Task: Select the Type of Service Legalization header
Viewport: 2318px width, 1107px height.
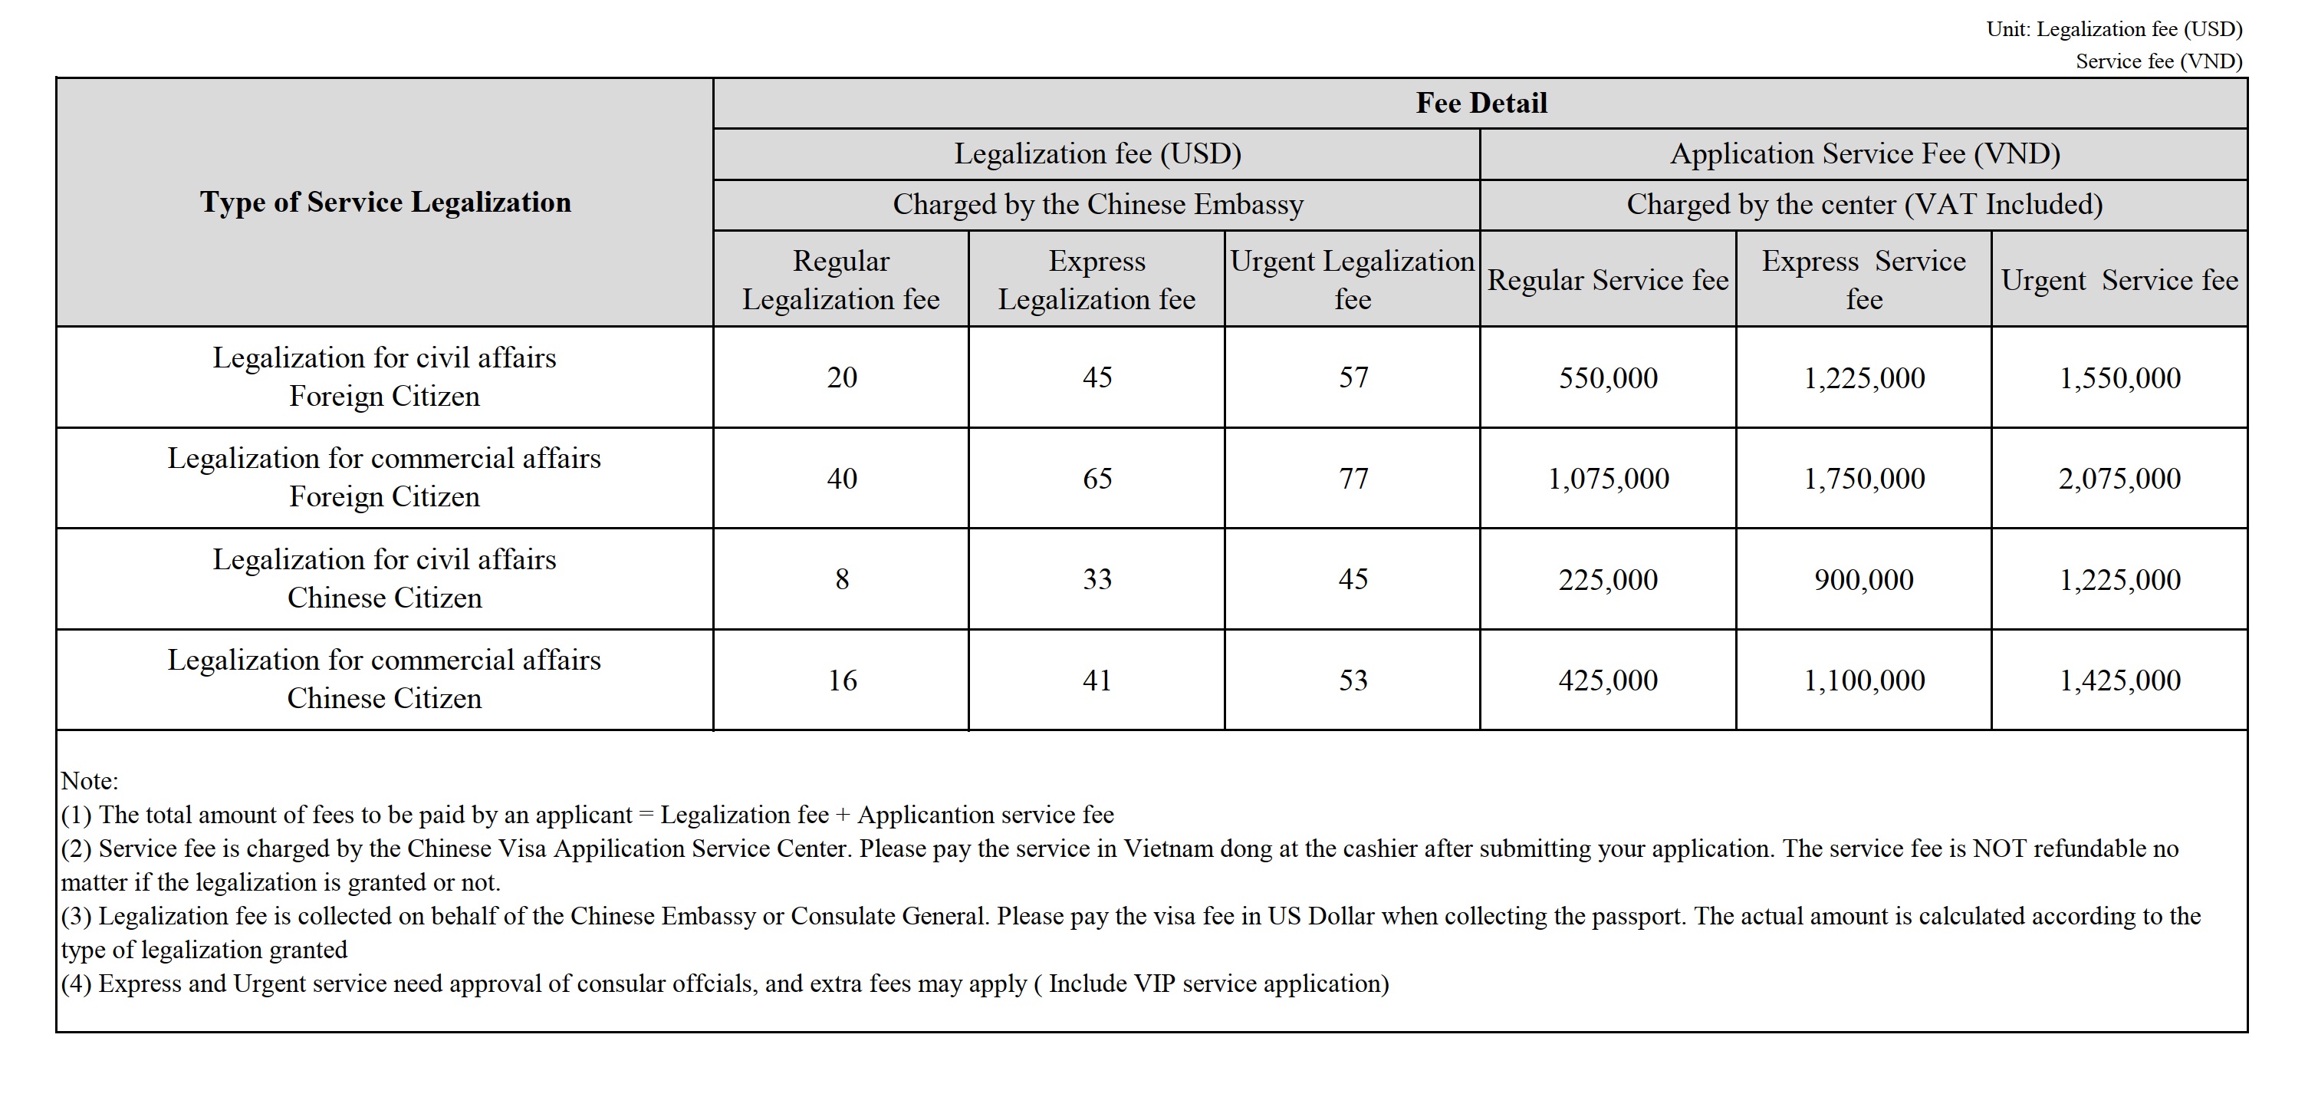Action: point(385,203)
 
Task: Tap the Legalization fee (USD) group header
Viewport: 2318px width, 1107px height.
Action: point(1097,154)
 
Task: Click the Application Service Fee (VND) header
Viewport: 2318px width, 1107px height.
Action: point(1865,154)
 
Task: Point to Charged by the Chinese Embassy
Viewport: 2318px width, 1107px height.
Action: point(1097,205)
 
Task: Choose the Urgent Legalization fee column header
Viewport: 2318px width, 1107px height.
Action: point(1352,279)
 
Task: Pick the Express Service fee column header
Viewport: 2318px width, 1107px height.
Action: point(1863,279)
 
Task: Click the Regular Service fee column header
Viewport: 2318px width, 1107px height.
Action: point(1607,280)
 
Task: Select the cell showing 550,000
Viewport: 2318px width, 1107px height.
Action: point(1608,378)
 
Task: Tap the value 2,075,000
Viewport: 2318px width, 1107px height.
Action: point(2119,479)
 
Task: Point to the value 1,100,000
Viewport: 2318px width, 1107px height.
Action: point(1863,680)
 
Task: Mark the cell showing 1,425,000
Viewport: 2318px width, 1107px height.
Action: point(2119,680)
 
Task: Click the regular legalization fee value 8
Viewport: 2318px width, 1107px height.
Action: point(841,578)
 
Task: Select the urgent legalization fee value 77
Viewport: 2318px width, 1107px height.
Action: point(1353,479)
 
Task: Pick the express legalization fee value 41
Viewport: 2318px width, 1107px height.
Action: point(1097,680)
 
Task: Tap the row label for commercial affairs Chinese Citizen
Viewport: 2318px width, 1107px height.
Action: point(384,680)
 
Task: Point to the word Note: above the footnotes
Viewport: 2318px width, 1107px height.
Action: point(89,781)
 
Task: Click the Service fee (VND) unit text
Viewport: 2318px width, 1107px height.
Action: point(2158,61)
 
